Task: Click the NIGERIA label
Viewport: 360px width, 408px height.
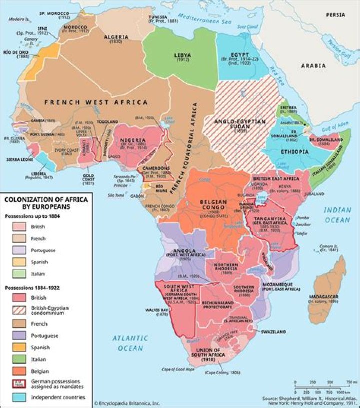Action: (133, 140)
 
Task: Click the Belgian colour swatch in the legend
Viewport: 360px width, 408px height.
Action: (18, 371)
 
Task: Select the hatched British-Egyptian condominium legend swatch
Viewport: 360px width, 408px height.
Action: (18, 311)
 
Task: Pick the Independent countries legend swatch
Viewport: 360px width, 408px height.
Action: (18, 397)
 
